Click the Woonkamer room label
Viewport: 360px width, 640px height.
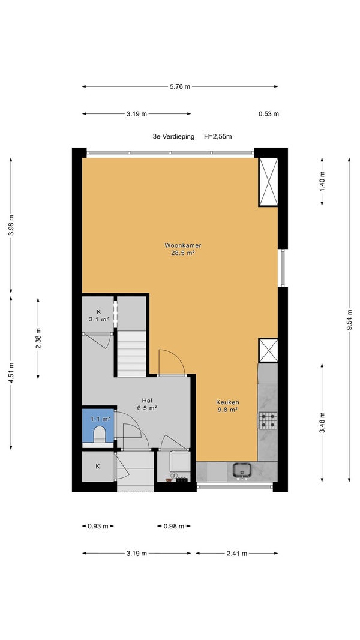[183, 245]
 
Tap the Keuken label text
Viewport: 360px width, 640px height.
[227, 402]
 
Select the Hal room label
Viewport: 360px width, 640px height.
[147, 401]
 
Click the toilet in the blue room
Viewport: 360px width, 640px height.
[99, 434]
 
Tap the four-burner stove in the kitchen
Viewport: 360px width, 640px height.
[268, 420]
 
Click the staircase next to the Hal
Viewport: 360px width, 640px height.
[131, 353]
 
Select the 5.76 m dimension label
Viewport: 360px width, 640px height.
[179, 86]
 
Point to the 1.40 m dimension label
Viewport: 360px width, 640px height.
[322, 182]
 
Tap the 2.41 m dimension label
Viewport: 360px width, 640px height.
[237, 554]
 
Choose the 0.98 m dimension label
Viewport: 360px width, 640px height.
[174, 526]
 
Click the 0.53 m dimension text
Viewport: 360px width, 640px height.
[269, 114]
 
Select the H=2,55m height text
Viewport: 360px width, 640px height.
[218, 136]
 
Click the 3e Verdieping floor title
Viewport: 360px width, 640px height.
[174, 136]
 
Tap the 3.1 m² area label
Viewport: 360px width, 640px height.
[99, 319]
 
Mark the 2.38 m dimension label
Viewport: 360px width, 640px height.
[38, 338]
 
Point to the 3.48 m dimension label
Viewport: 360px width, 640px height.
[322, 422]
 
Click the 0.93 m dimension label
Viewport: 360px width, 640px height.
[98, 526]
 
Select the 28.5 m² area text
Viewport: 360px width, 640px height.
[182, 253]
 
